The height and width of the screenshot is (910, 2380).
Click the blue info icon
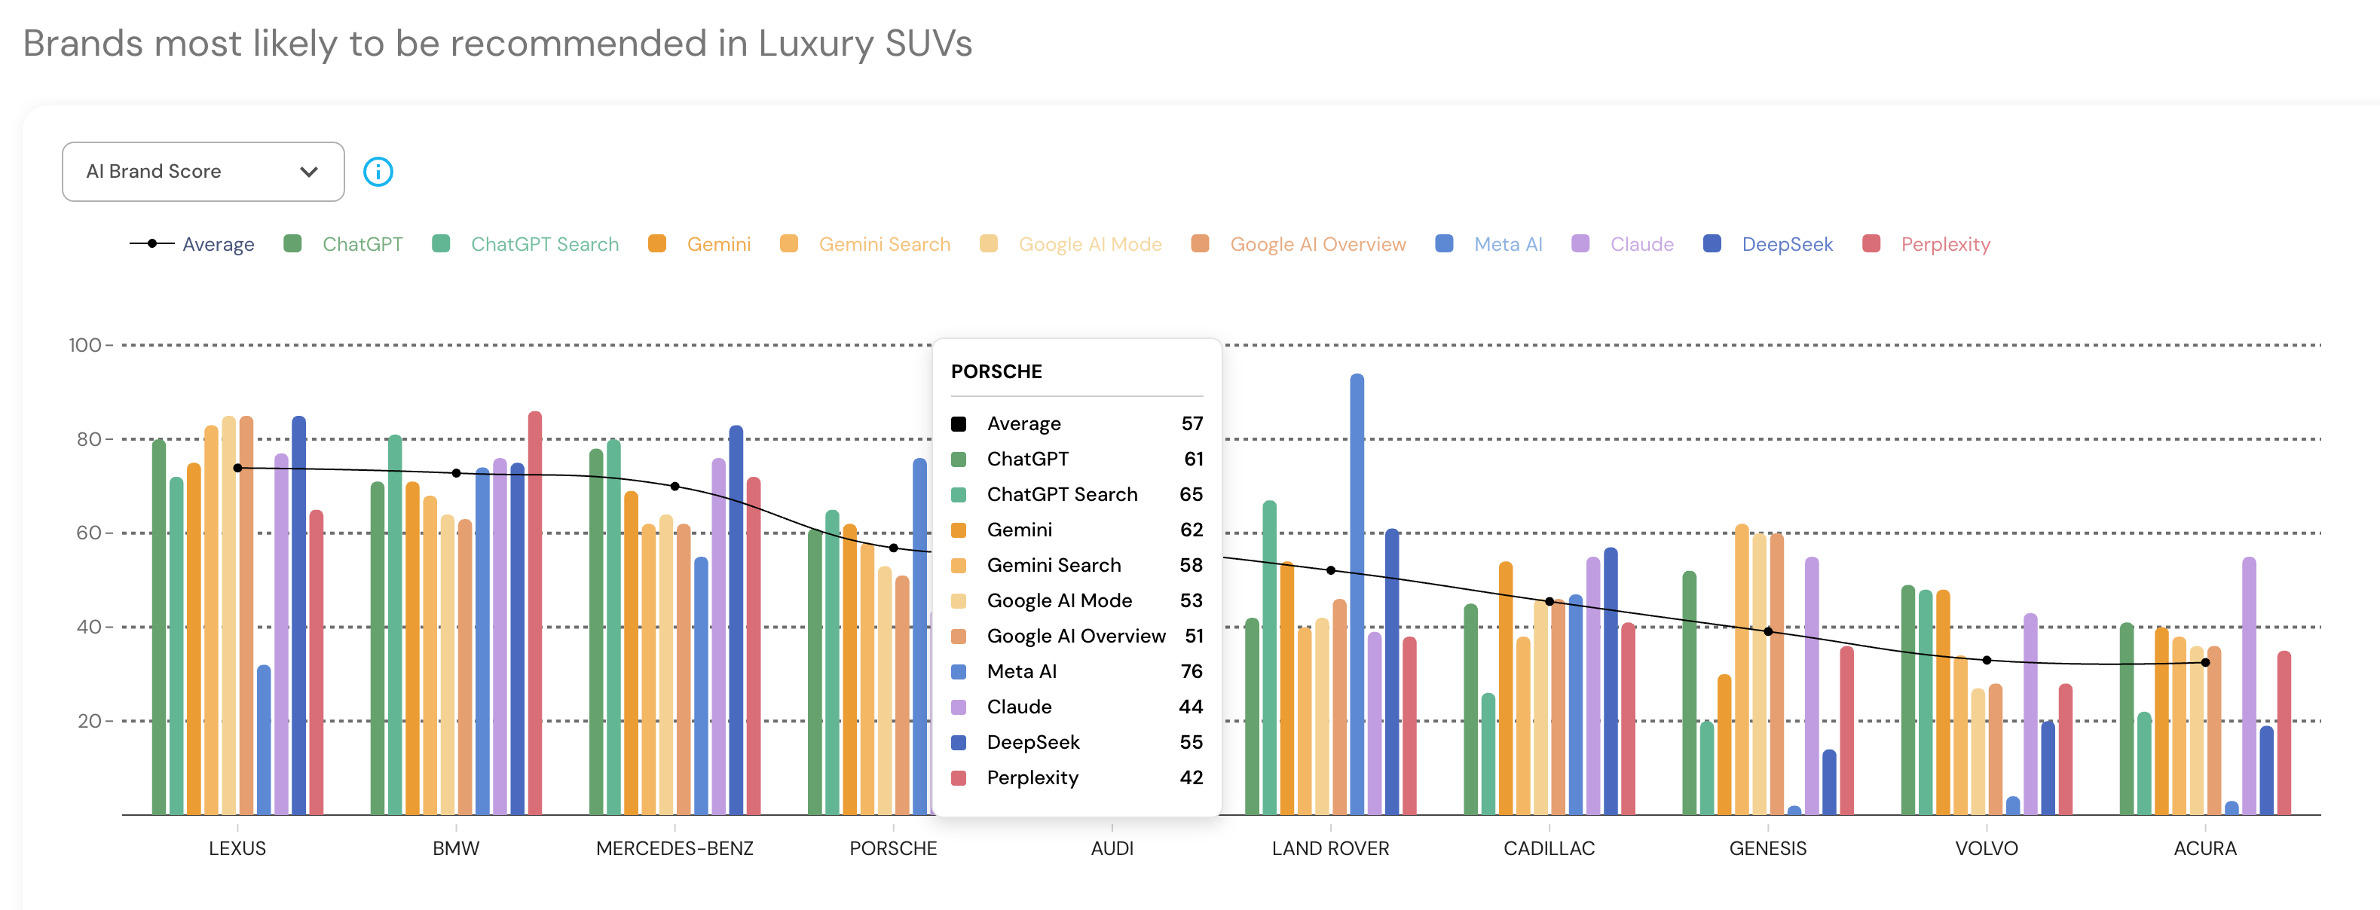[x=378, y=172]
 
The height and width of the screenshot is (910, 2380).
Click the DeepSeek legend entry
[x=1786, y=245]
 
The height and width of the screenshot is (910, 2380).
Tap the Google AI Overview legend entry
[x=1317, y=245]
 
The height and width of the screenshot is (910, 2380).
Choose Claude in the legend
[x=1641, y=245]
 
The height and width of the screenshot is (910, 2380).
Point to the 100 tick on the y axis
[x=85, y=346]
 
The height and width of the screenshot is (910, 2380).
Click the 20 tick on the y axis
[x=89, y=722]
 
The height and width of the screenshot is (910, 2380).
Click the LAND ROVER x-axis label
[x=1330, y=849]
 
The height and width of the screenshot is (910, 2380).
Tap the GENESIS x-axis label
[x=1767, y=849]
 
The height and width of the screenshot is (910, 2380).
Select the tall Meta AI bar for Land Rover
[x=1357, y=591]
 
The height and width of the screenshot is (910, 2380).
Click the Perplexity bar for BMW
[x=535, y=609]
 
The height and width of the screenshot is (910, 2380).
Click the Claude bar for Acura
[x=2249, y=684]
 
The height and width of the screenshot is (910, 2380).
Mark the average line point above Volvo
[x=1987, y=661]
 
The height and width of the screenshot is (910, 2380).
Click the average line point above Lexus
[x=237, y=469]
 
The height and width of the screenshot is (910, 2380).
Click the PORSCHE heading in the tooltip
[x=996, y=372]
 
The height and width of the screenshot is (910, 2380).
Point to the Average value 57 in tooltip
[x=1192, y=424]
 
